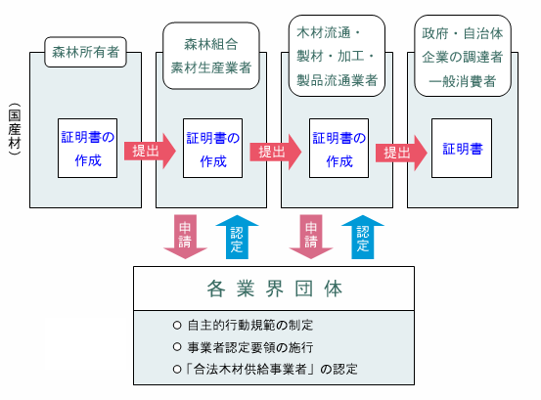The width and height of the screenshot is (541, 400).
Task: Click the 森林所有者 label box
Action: [x=85, y=52]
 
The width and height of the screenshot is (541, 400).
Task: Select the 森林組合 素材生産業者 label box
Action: [x=211, y=56]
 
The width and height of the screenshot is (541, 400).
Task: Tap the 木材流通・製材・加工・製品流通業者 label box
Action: [x=337, y=56]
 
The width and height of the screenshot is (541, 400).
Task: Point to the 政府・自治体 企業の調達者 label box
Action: [x=463, y=56]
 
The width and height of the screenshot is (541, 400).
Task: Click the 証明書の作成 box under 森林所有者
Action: [x=88, y=149]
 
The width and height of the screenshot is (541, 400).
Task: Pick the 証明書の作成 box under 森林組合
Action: [x=213, y=149]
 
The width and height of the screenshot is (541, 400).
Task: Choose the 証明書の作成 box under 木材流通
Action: [x=338, y=149]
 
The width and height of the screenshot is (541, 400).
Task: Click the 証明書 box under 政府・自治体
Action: [x=462, y=149]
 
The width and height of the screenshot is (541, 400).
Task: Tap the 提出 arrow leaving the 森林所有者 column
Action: [x=150, y=151]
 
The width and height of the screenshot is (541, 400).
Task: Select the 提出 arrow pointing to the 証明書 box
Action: [x=401, y=153]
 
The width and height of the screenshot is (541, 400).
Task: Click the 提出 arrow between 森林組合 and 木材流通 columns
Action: [x=276, y=152]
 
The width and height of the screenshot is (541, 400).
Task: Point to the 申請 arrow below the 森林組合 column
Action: [x=185, y=237]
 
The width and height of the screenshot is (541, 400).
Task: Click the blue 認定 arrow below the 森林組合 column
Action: [x=237, y=237]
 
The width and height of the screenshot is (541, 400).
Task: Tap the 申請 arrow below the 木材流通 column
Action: [x=311, y=237]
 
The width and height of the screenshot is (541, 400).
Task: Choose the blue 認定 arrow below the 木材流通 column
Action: [x=363, y=237]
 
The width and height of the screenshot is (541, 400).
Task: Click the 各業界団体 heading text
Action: [x=275, y=289]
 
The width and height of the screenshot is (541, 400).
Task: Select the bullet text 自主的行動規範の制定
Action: [x=250, y=325]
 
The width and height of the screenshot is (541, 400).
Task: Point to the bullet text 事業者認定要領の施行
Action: [x=250, y=347]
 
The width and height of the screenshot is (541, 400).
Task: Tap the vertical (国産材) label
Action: [x=15, y=129]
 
